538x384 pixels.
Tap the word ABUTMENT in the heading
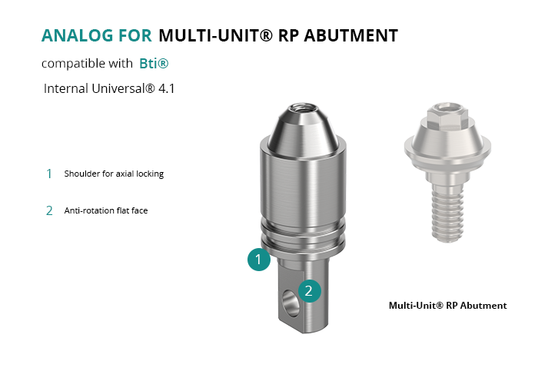pyautogui.click(x=351, y=35)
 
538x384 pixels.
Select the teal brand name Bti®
pyautogui.click(x=154, y=64)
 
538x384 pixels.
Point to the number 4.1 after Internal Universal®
pyautogui.click(x=167, y=89)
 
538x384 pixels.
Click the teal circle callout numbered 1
pyautogui.click(x=259, y=260)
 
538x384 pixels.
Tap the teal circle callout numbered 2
pyautogui.click(x=310, y=291)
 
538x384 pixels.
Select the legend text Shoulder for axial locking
pyautogui.click(x=114, y=174)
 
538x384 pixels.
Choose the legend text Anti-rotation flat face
pyautogui.click(x=106, y=210)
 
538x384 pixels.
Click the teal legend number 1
pyautogui.click(x=49, y=174)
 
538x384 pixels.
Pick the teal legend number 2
pyautogui.click(x=49, y=210)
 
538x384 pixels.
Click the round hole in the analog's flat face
pyautogui.click(x=291, y=303)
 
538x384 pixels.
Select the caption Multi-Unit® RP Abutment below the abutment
pyautogui.click(x=448, y=306)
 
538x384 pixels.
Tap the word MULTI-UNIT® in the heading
pyautogui.click(x=216, y=35)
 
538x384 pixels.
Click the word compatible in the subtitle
pyautogui.click(x=68, y=64)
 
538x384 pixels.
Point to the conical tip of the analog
pyautogui.click(x=303, y=131)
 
